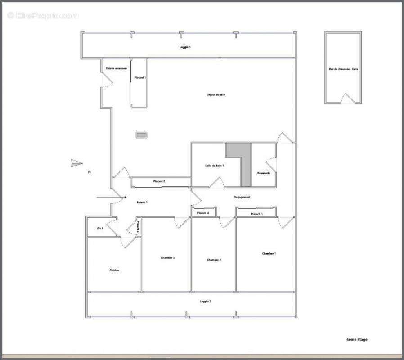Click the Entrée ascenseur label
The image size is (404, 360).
click(117, 68)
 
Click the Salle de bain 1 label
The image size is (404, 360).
click(215, 166)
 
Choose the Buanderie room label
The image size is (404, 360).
click(264, 173)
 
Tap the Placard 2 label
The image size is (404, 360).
click(159, 181)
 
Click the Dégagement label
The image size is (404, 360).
click(242, 197)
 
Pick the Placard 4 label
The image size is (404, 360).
click(203, 213)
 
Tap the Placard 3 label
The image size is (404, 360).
click(256, 214)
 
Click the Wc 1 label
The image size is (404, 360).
click(100, 229)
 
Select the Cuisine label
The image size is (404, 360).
click(114, 270)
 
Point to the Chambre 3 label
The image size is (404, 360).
click(167, 258)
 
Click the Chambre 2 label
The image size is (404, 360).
click(214, 260)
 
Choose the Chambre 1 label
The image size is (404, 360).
click(269, 254)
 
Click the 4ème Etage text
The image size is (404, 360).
click(357, 339)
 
